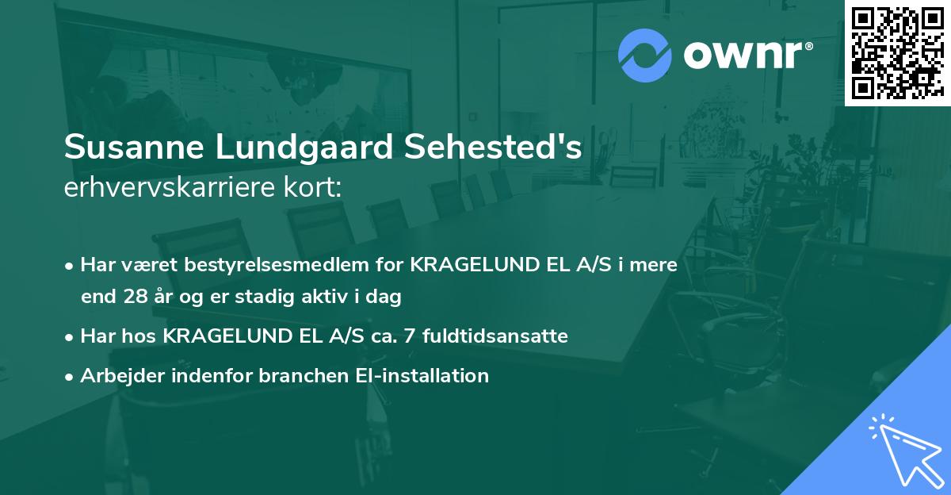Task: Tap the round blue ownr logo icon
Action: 644,56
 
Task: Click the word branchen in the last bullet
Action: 298,375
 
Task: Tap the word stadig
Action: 276,297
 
